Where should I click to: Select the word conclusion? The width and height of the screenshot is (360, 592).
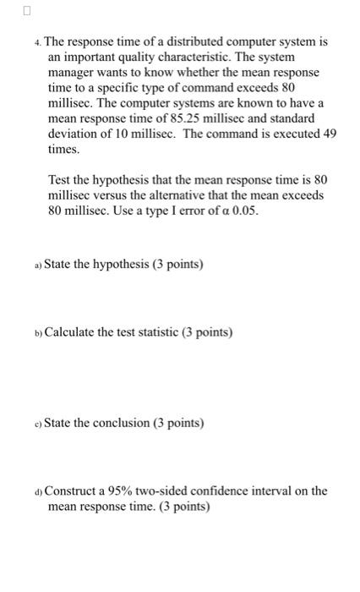click(111, 422)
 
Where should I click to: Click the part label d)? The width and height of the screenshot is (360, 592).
click(38, 491)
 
